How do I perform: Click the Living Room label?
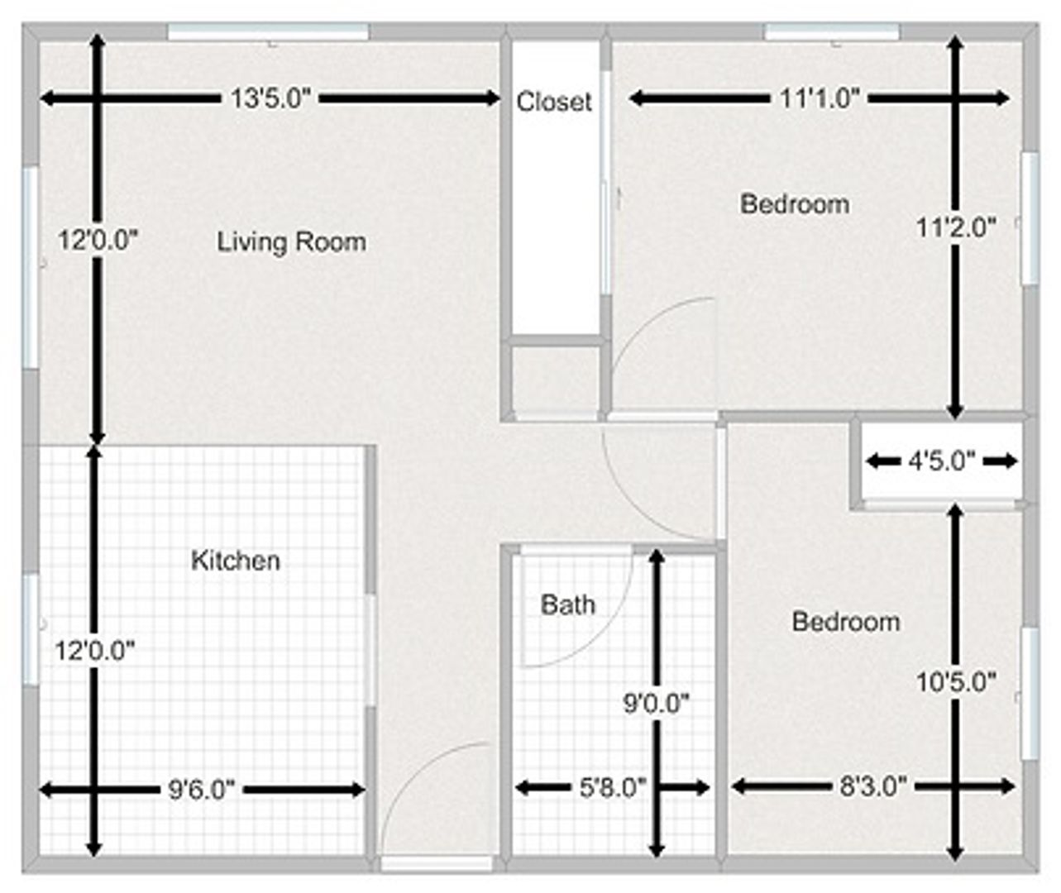tap(292, 242)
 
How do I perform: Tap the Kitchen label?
tap(236, 561)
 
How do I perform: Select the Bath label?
tap(567, 604)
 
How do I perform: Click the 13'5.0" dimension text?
tap(270, 98)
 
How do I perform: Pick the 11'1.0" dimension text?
tap(820, 98)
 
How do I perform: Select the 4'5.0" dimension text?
tap(942, 462)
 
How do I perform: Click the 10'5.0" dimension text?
tap(956, 683)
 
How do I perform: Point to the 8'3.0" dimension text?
tap(873, 787)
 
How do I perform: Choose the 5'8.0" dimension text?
tap(612, 788)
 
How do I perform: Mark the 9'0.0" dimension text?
tap(656, 704)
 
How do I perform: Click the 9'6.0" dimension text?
tap(202, 790)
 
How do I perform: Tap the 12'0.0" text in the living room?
tap(98, 241)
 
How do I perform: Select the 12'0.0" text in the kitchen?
tap(95, 651)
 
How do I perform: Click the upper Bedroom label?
tap(795, 204)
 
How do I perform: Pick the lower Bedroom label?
tap(846, 622)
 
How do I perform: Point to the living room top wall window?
tap(268, 31)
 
